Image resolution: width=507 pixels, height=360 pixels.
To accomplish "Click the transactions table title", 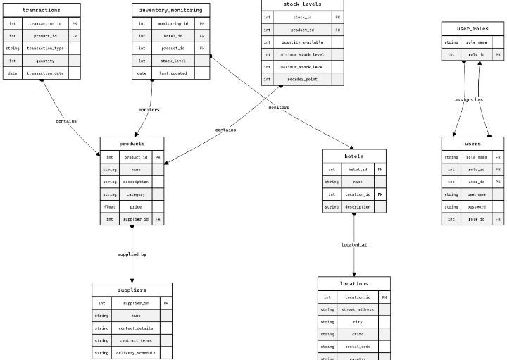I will [42, 11].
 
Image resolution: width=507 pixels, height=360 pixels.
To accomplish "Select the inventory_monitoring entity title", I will [170, 11].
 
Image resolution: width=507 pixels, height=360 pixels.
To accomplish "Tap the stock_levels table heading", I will [303, 4].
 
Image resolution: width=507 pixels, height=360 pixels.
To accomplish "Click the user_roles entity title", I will [472, 29].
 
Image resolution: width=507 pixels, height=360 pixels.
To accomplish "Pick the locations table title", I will [353, 283].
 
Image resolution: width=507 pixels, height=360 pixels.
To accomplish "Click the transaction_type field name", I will [45, 48].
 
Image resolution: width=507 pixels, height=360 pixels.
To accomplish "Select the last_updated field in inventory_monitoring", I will [173, 73].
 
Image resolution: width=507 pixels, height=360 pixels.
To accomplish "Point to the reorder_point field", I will [302, 80].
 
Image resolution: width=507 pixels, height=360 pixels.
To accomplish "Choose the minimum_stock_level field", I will [302, 54].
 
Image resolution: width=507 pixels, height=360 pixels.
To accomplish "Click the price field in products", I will [135, 207].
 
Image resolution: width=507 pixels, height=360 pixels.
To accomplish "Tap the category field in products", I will [135, 194].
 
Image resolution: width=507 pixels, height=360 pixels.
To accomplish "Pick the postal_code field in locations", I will [357, 347].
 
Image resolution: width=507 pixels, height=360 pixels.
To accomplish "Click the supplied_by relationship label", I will [132, 254].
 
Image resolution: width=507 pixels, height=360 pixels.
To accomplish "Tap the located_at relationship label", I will [353, 244].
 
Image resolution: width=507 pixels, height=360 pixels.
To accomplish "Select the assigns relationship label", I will [464, 100].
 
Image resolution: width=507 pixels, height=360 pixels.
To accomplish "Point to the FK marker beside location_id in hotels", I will [379, 194].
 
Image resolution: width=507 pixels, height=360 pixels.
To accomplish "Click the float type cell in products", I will [110, 207].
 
